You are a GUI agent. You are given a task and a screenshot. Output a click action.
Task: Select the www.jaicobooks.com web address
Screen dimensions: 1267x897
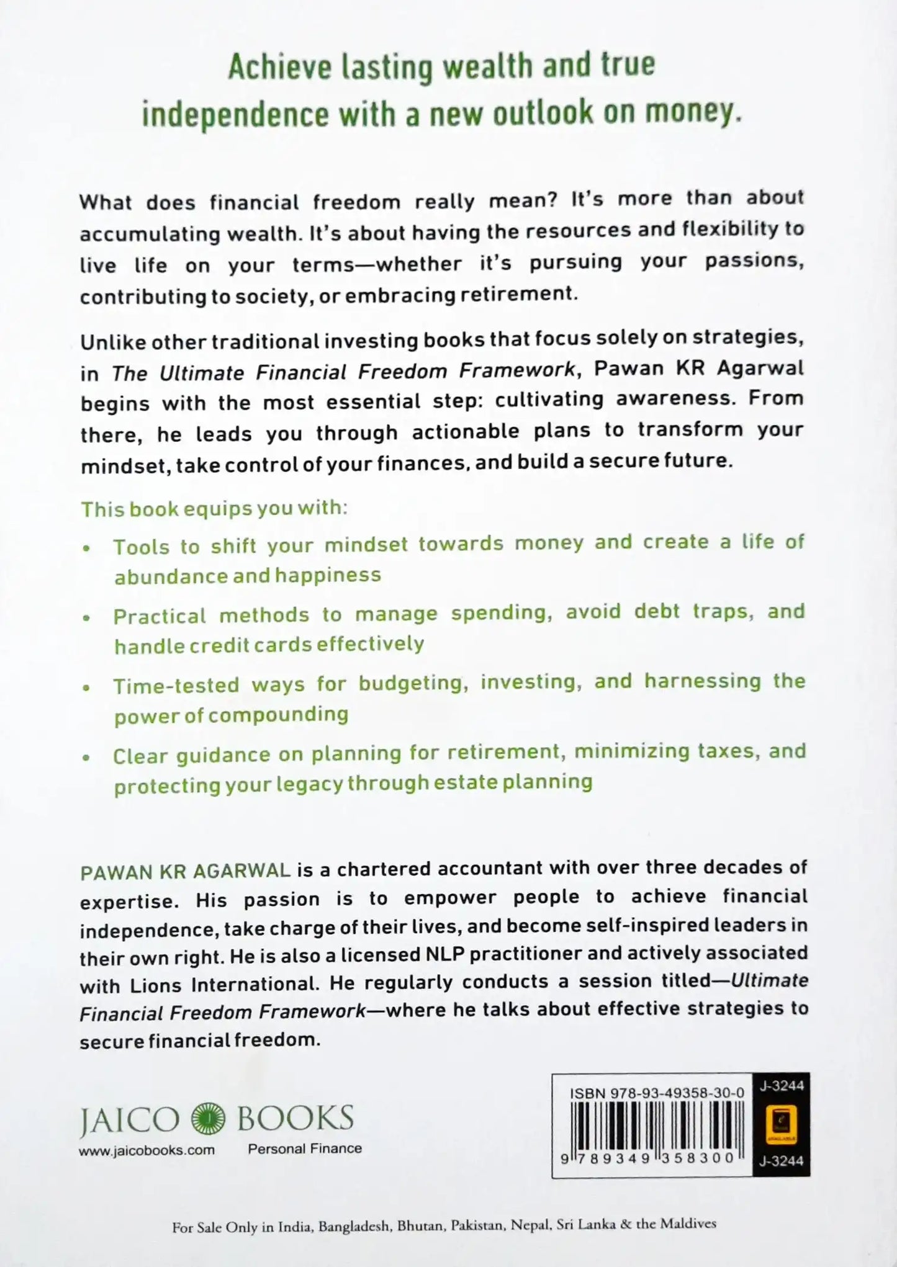(x=146, y=1150)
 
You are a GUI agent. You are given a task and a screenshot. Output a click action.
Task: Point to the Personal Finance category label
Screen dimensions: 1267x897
(x=305, y=1148)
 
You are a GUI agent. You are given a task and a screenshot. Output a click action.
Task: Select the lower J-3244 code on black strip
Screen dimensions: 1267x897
(x=782, y=1161)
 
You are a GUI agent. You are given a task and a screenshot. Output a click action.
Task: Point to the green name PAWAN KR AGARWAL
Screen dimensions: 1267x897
(x=186, y=871)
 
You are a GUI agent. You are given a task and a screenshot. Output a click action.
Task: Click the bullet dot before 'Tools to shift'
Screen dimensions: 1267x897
(x=87, y=548)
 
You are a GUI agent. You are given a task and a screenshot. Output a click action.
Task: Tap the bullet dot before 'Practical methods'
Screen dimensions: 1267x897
(x=87, y=618)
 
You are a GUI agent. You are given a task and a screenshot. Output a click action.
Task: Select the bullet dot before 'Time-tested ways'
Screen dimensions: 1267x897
(x=87, y=687)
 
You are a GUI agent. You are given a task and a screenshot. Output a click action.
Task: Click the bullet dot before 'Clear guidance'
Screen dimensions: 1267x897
(x=87, y=758)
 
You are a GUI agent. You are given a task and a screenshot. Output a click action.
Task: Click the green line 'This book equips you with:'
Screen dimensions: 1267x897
(x=214, y=509)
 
